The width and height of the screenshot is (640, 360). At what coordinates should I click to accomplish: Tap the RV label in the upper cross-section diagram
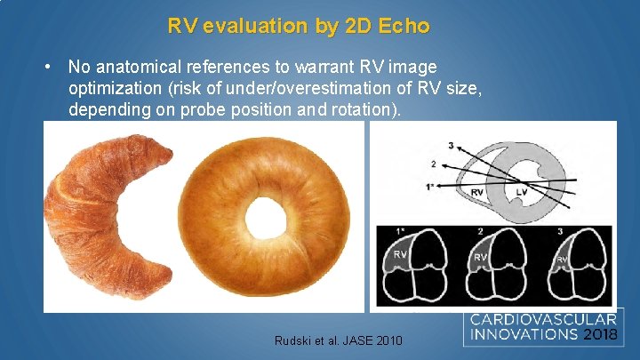pos(476,191)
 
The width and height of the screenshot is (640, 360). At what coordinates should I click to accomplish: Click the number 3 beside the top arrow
pos(451,145)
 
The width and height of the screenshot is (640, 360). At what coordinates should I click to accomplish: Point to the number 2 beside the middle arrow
pos(433,164)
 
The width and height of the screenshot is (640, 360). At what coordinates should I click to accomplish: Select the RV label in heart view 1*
pos(401,254)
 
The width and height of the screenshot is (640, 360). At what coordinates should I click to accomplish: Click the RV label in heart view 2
pos(479,258)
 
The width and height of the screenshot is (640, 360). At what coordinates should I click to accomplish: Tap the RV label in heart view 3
pos(562,260)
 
